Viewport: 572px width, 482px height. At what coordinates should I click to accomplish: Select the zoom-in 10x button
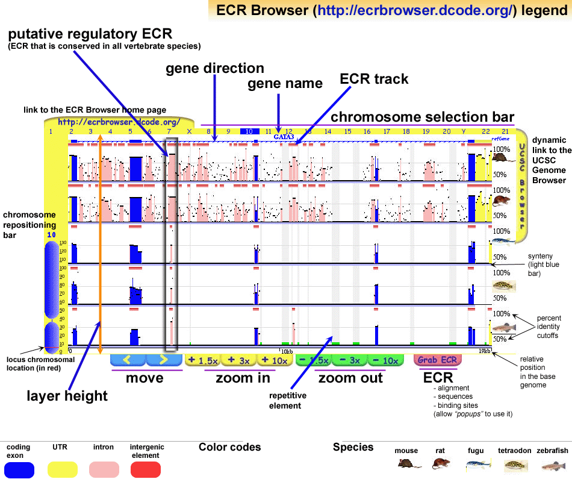tap(275, 360)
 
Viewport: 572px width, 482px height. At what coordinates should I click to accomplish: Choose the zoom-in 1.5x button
tap(202, 360)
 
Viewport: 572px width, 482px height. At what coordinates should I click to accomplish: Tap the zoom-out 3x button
tap(349, 360)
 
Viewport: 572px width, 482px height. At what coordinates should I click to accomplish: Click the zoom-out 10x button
tap(385, 360)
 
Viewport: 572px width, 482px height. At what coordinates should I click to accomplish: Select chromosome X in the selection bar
tap(189, 131)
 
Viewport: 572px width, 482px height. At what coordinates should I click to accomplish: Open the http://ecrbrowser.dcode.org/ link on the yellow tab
tap(119, 122)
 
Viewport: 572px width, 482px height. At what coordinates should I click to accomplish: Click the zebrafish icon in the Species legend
tap(554, 465)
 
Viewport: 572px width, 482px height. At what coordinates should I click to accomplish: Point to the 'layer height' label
tap(67, 396)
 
